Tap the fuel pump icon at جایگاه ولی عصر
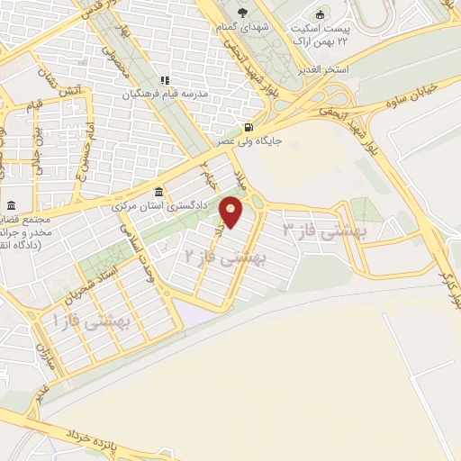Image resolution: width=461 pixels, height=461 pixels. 249,127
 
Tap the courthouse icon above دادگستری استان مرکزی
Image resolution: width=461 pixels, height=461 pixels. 159,192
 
